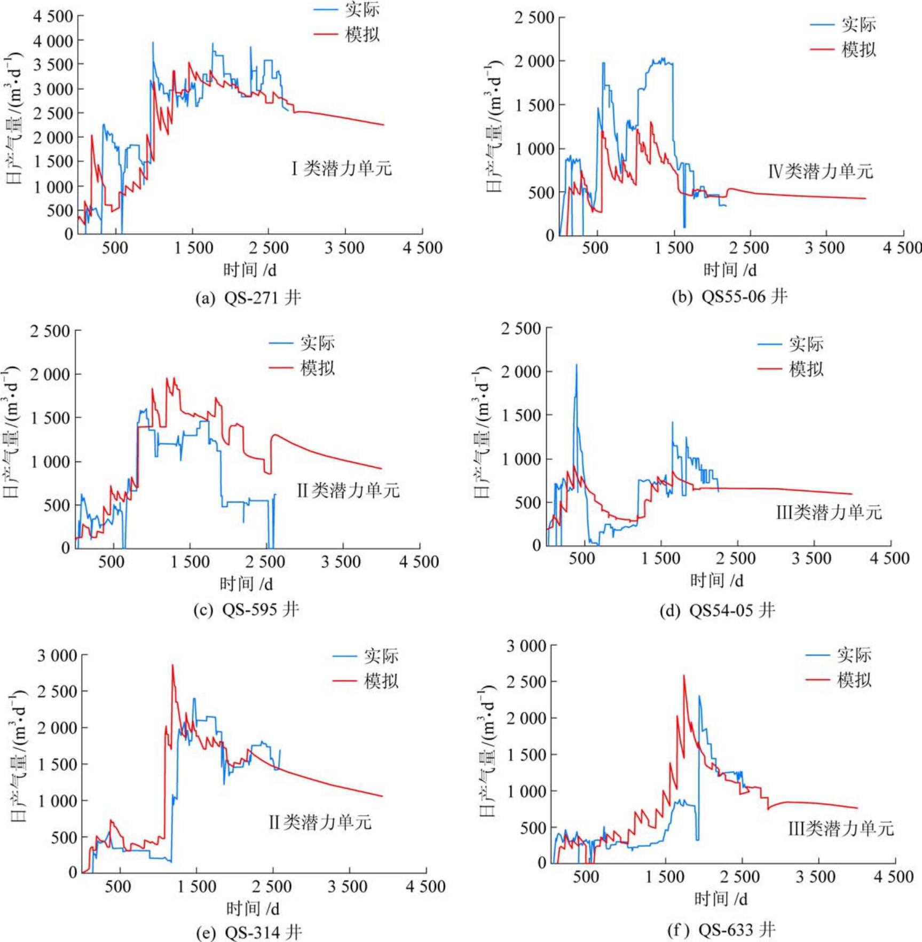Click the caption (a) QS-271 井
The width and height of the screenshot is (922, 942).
tap(248, 297)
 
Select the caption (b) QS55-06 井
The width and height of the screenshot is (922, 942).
tap(729, 296)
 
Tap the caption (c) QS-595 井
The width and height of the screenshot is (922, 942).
tap(246, 609)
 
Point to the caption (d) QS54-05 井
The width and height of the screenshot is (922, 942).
tap(717, 610)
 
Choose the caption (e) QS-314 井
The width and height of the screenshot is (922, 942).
tap(249, 932)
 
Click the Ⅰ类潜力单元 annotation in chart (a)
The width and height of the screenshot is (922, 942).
tap(342, 168)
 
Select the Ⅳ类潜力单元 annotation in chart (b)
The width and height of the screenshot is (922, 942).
tap(821, 171)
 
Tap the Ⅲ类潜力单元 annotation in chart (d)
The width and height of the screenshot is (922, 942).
tap(829, 512)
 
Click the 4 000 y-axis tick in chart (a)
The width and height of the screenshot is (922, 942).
tap(53, 41)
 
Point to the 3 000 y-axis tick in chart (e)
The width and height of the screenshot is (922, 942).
tap(57, 655)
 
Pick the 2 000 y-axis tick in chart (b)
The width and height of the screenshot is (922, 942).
tap(534, 61)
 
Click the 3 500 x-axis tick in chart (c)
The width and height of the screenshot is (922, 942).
tap(341, 562)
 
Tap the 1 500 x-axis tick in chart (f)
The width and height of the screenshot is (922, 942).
tap(665, 876)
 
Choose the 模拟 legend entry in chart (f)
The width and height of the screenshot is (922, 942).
tap(854, 680)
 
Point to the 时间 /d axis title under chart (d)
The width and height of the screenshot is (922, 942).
tap(716, 580)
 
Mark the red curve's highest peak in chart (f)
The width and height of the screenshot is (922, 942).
tap(684, 676)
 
